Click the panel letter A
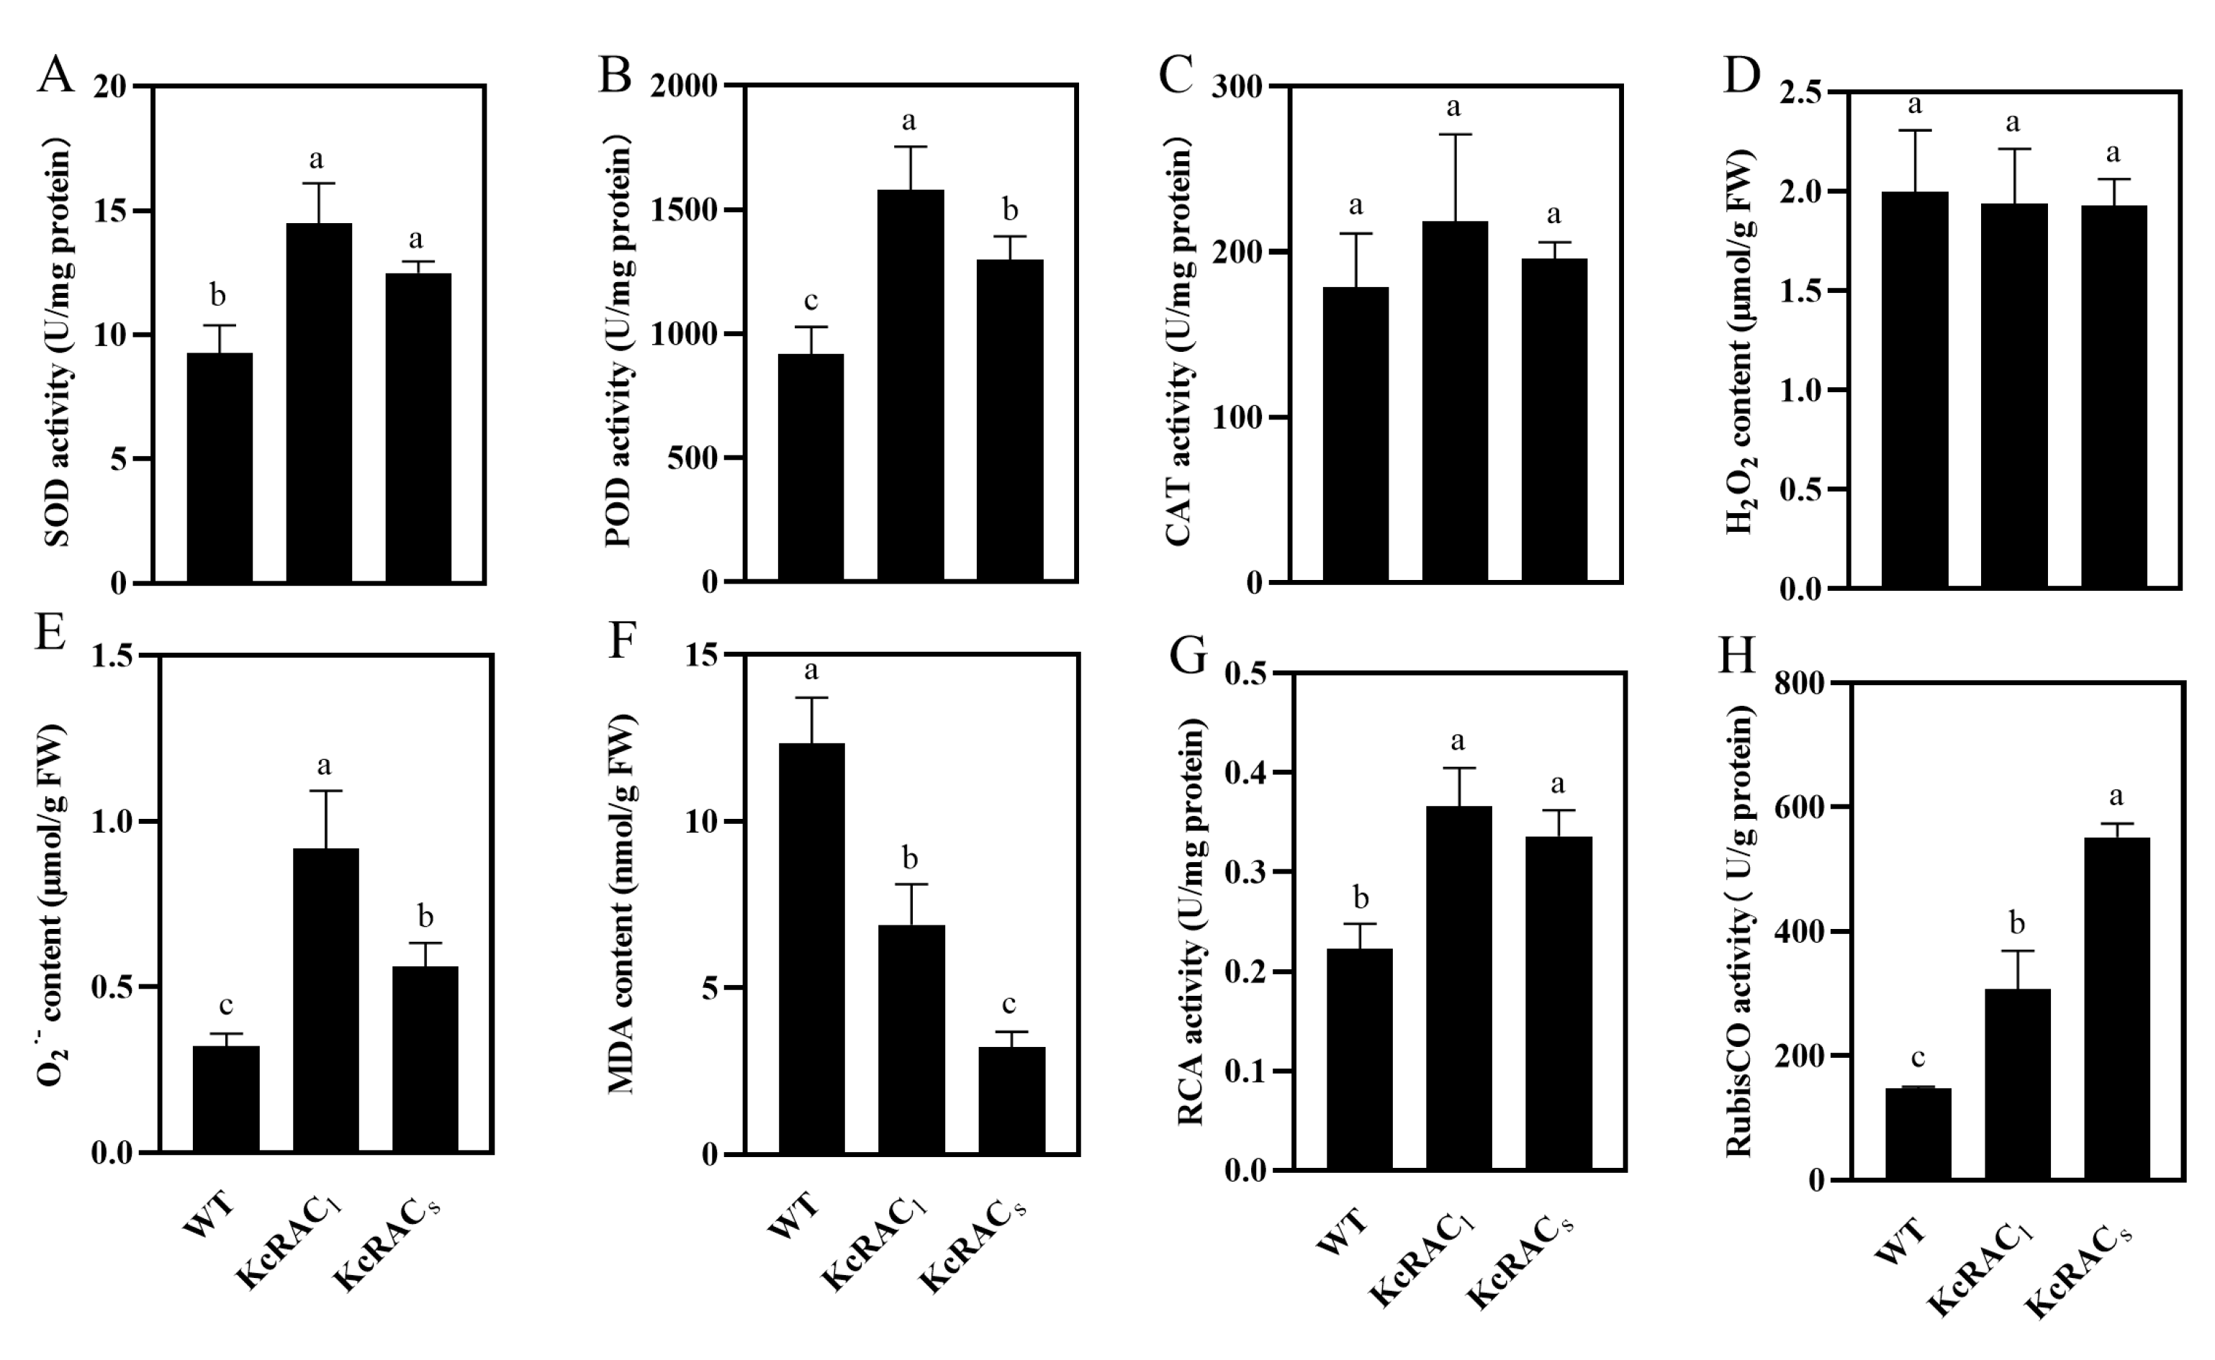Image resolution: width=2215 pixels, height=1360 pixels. (55, 75)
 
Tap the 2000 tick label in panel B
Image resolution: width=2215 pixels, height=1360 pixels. (685, 86)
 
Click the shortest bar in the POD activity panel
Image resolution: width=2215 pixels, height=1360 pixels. (811, 468)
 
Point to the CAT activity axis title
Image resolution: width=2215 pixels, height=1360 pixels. (1178, 342)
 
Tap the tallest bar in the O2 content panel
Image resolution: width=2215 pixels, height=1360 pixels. (325, 999)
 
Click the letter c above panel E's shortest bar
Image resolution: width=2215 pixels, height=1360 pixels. (226, 1004)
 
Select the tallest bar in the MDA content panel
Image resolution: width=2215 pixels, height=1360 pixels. (811, 948)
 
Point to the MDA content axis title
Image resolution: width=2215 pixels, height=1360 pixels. (622, 904)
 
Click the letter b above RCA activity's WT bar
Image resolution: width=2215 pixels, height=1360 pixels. (1361, 898)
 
